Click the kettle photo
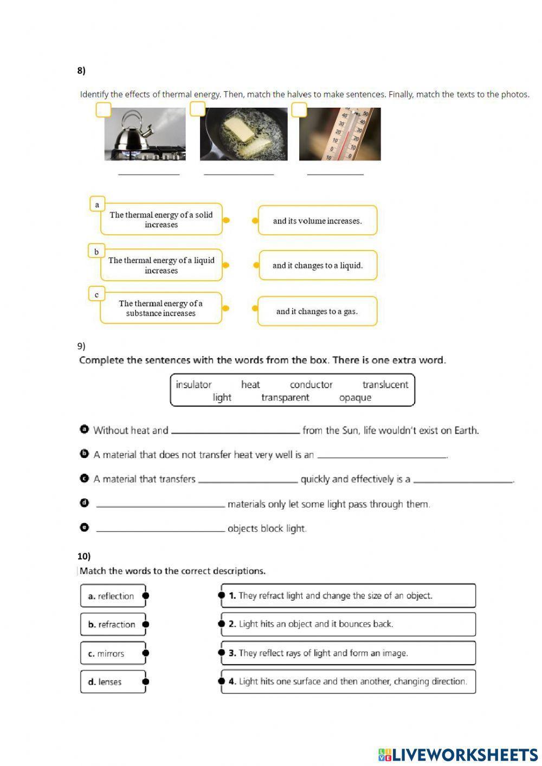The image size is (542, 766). (x=145, y=134)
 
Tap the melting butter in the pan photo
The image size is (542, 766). (x=243, y=134)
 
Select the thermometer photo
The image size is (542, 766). (x=340, y=134)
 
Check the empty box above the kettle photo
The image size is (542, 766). (x=103, y=110)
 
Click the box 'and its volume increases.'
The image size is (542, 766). (x=317, y=221)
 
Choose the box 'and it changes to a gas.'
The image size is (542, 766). (x=317, y=311)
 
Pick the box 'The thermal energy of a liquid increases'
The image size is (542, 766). (x=161, y=265)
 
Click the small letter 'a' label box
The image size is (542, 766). (x=97, y=204)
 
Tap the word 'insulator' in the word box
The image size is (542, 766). (x=193, y=384)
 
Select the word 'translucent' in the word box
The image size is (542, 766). (x=385, y=384)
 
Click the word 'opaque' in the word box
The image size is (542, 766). (x=355, y=397)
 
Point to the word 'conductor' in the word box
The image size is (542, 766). (x=311, y=384)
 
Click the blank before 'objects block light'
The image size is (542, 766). (x=160, y=529)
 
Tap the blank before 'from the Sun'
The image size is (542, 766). (x=235, y=430)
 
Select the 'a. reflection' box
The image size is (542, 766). (x=113, y=596)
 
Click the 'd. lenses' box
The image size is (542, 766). (x=113, y=682)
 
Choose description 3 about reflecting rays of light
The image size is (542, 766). (x=348, y=653)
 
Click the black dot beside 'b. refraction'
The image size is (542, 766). (x=145, y=625)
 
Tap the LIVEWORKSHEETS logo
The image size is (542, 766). (x=458, y=755)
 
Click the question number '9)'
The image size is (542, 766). (x=81, y=346)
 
